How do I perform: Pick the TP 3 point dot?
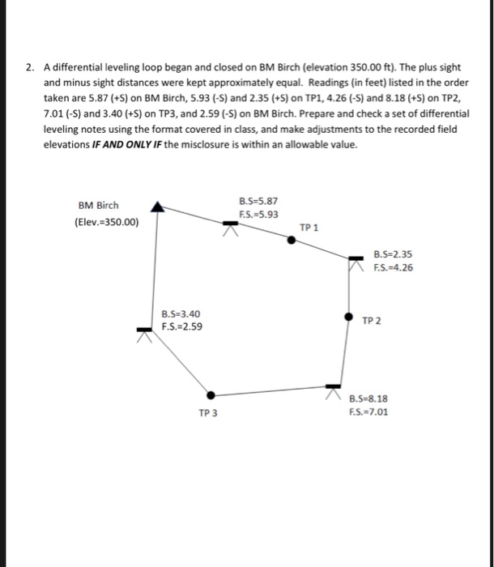(x=211, y=395)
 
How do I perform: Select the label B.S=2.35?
(x=394, y=254)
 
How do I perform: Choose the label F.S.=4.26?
(x=394, y=268)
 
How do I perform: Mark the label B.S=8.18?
(x=368, y=398)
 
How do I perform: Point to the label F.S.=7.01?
(x=368, y=411)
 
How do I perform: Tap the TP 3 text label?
(x=208, y=413)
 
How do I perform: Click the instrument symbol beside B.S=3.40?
(x=145, y=331)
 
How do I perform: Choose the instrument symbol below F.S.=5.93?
(x=232, y=226)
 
